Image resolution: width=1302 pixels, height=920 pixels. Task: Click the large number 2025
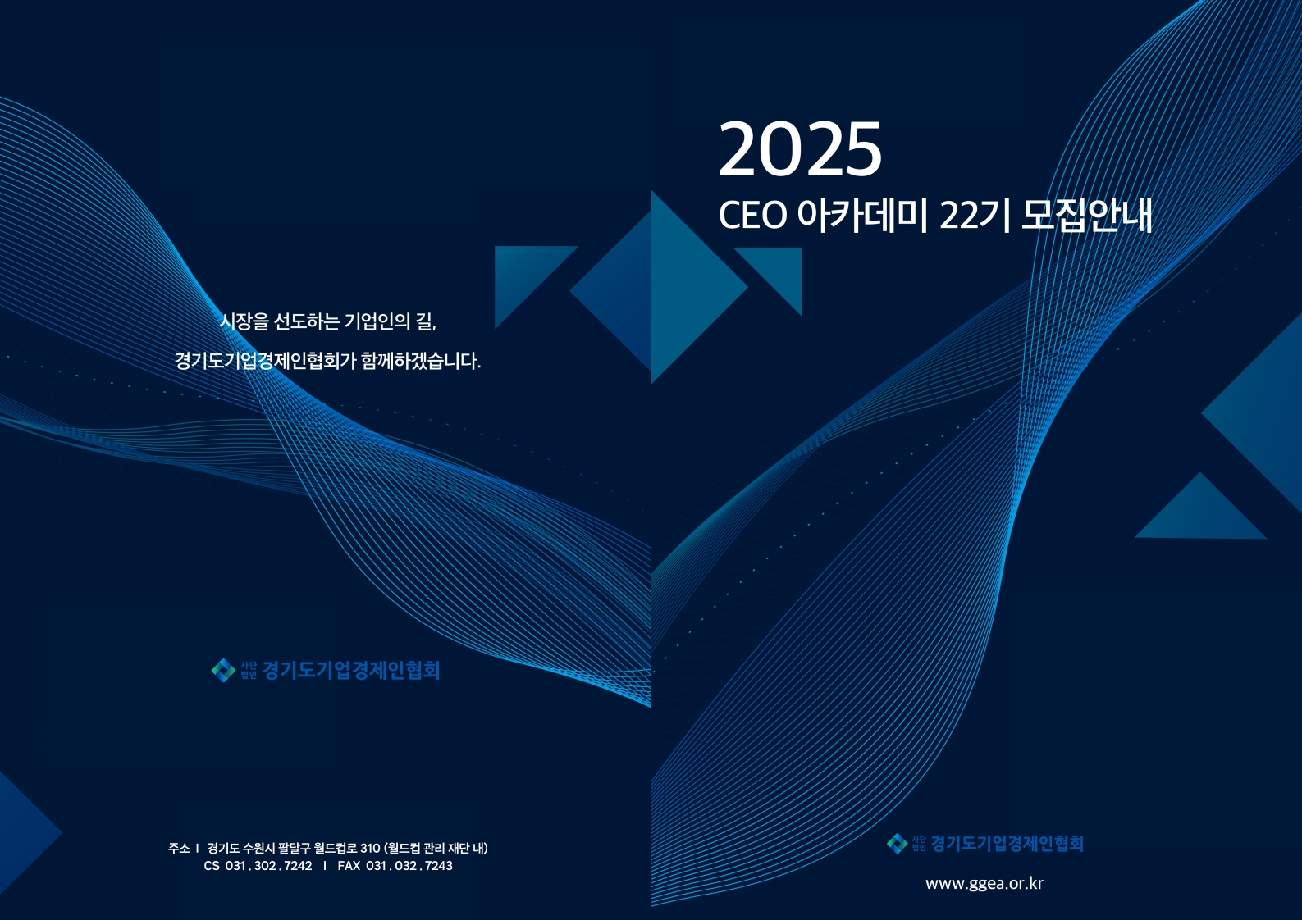click(801, 148)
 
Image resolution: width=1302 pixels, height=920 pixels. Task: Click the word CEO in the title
click(752, 216)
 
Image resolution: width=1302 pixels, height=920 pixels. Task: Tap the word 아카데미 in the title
click(862, 216)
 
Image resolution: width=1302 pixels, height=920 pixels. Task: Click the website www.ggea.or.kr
click(984, 883)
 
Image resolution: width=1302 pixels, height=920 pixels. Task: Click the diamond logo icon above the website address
click(897, 843)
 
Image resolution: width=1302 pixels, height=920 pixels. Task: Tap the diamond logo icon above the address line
click(223, 670)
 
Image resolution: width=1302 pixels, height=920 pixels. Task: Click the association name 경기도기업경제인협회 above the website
click(1007, 843)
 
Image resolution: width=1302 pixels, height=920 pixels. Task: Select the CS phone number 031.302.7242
click(268, 865)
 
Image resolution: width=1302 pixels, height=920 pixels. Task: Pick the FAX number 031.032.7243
click(409, 865)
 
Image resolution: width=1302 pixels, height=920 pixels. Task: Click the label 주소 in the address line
click(179, 848)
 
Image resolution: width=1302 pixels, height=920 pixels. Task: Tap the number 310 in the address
click(370, 848)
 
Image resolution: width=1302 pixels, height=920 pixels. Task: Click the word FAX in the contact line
click(349, 865)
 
